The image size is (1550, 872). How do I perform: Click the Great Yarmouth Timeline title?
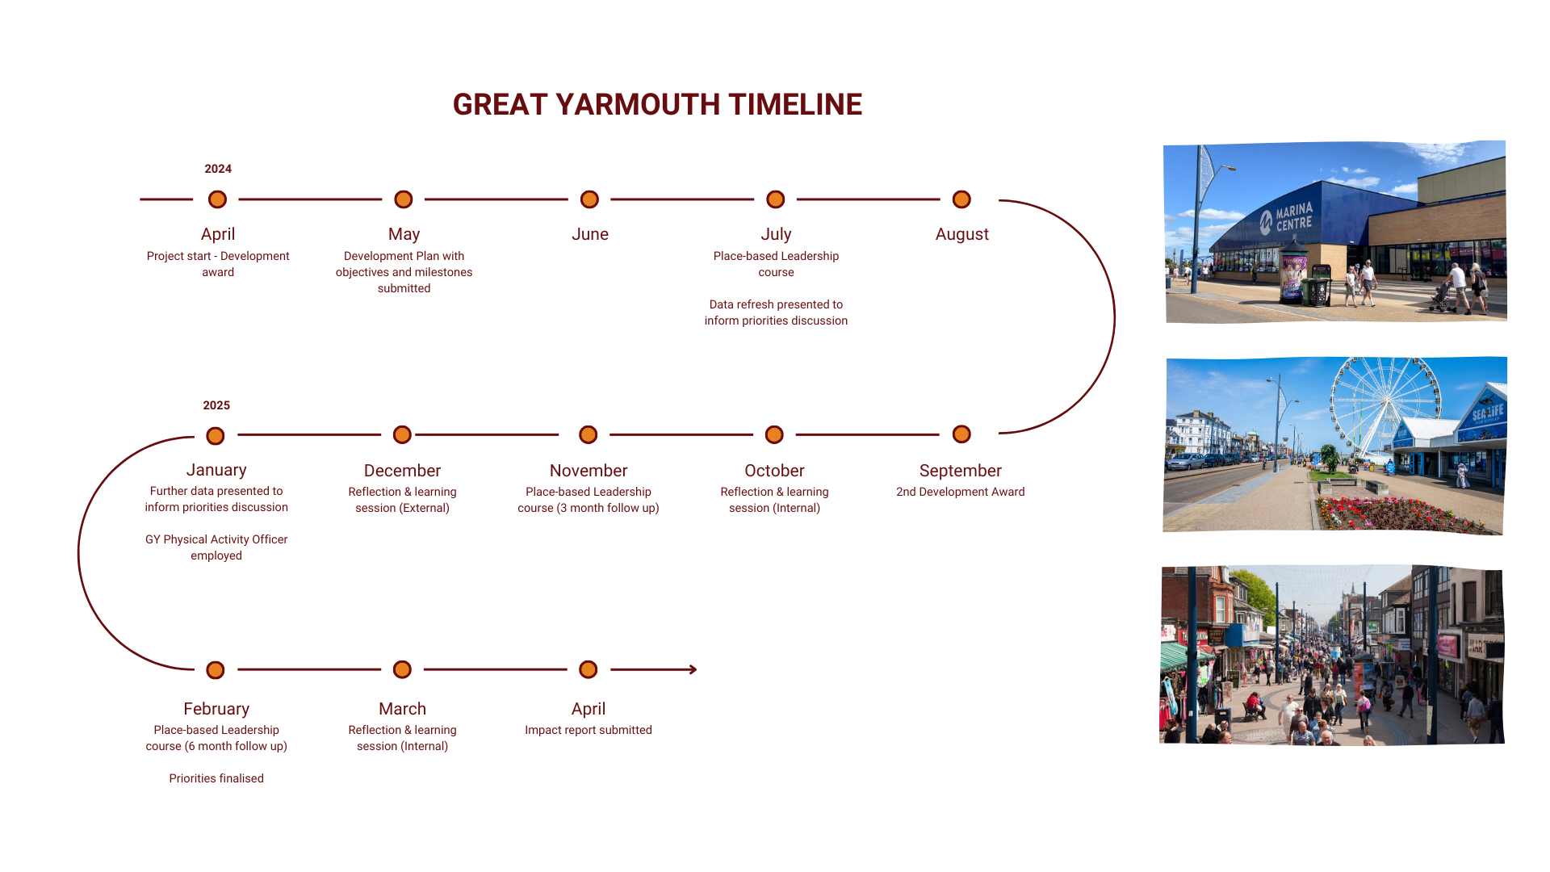point(657,104)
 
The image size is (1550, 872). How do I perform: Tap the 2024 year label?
point(218,169)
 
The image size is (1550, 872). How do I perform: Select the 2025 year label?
point(216,405)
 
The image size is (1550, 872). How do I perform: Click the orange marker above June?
point(589,199)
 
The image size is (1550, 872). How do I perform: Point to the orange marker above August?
point(961,199)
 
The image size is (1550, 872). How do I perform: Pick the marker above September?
point(961,434)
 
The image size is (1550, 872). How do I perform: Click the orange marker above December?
point(402,435)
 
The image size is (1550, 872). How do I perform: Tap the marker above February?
point(216,670)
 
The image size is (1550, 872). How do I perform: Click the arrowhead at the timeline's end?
point(693,669)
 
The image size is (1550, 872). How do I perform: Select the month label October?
point(774,471)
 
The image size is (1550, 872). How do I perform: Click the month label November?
point(589,471)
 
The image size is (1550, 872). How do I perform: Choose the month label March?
point(402,709)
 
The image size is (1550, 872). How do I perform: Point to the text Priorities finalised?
point(216,778)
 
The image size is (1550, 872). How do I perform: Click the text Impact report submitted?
point(589,730)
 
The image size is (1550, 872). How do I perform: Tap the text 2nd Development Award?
point(961,492)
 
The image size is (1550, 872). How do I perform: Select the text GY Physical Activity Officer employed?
point(216,547)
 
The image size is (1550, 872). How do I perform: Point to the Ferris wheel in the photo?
point(1385,408)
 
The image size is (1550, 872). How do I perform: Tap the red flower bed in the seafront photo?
point(1405,514)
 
